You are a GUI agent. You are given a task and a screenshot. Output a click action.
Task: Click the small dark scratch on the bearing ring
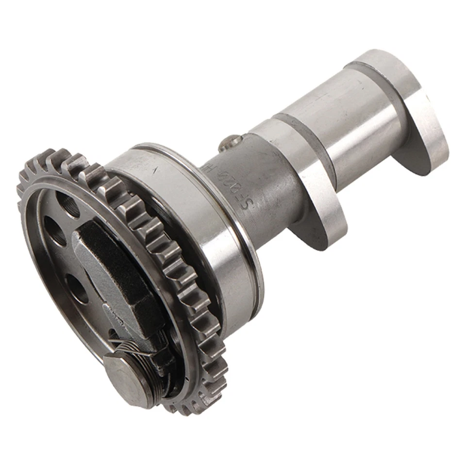coord(155,170)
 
